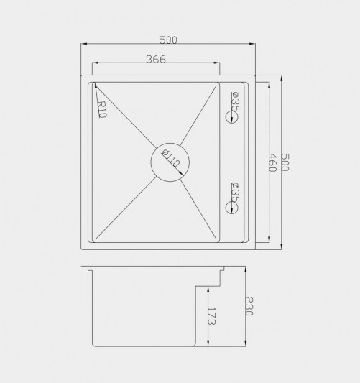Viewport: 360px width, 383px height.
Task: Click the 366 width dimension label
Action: click(x=156, y=59)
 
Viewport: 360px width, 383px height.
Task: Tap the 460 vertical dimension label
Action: click(x=272, y=162)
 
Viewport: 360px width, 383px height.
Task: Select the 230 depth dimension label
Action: click(x=249, y=306)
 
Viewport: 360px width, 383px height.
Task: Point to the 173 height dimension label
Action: click(x=211, y=316)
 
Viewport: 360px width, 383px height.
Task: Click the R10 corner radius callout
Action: click(x=101, y=109)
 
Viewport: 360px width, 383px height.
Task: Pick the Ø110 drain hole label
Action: click(x=170, y=158)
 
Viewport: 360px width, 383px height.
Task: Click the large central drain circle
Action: click(x=170, y=144)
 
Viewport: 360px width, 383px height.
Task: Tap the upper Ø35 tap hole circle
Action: click(x=231, y=111)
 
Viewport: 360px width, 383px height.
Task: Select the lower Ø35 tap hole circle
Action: click(x=231, y=202)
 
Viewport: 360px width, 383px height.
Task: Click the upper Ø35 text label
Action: click(x=235, y=101)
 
